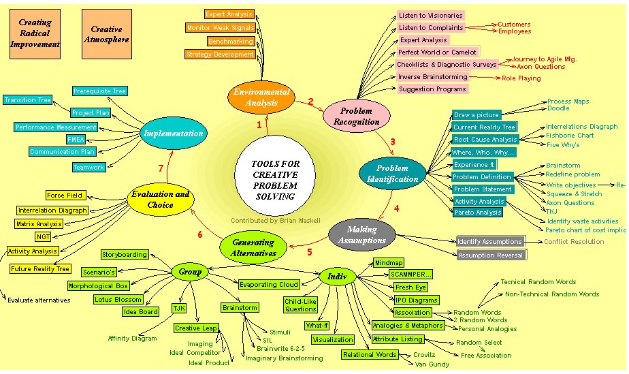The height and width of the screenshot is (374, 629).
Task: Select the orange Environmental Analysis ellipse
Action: point(261,97)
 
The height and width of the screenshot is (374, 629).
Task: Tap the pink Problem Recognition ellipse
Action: point(356,116)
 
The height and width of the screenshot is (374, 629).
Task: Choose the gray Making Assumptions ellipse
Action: point(361,235)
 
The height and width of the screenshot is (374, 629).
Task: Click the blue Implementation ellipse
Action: point(173,134)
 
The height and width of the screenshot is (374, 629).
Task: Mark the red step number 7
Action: point(161,168)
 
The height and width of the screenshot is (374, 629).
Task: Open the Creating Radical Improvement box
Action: point(35,33)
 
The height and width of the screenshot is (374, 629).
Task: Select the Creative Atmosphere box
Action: point(106,33)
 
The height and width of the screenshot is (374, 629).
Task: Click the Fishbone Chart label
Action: point(570,136)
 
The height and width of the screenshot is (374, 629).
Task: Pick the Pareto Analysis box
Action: point(478,213)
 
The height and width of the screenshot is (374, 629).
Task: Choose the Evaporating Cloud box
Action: point(268,285)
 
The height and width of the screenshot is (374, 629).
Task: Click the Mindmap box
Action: point(389,262)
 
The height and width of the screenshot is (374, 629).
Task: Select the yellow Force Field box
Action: point(65,196)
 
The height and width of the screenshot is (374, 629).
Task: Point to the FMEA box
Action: point(75,139)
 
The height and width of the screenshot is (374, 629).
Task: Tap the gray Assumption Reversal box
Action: point(491,255)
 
